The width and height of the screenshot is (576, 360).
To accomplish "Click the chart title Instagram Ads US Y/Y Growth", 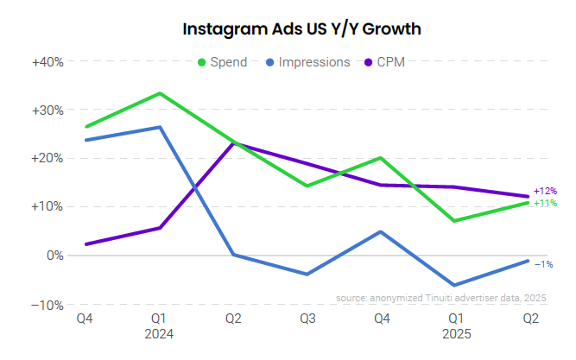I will click(301, 29).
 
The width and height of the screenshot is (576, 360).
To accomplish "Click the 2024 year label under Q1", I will click(159, 333).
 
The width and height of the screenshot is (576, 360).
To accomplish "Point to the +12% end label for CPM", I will click(545, 191).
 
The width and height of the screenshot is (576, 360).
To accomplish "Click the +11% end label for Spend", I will click(545, 204).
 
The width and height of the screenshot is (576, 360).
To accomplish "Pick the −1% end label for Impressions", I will click(544, 263).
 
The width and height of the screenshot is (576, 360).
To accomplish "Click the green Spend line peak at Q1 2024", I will click(159, 93).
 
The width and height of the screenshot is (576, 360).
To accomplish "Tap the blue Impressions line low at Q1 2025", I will click(454, 285).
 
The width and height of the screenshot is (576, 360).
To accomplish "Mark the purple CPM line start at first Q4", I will click(85, 244).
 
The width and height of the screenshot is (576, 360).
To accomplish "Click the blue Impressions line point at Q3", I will click(307, 275).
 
